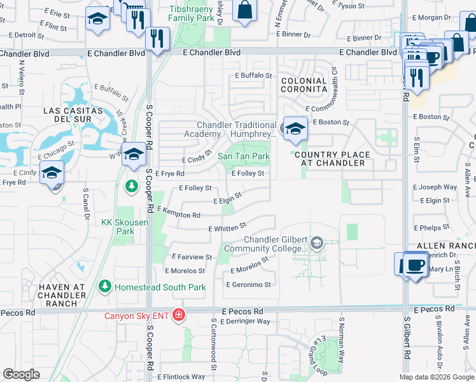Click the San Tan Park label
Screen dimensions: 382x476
(244, 156)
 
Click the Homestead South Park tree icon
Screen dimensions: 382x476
(105, 287)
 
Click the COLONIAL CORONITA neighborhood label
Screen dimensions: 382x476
(304, 85)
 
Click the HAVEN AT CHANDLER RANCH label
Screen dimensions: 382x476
(62, 295)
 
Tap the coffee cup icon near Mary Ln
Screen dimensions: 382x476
(414, 264)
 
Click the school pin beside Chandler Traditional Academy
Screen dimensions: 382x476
(294, 129)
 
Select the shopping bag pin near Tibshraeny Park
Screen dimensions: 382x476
(244, 10)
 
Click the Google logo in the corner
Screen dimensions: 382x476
(22, 374)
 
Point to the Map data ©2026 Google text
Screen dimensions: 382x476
(437, 377)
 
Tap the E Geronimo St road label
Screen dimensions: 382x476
(248, 285)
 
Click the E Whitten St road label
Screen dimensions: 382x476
(227, 227)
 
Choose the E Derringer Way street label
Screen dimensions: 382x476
(245, 322)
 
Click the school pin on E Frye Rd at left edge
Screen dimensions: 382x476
(52, 172)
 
